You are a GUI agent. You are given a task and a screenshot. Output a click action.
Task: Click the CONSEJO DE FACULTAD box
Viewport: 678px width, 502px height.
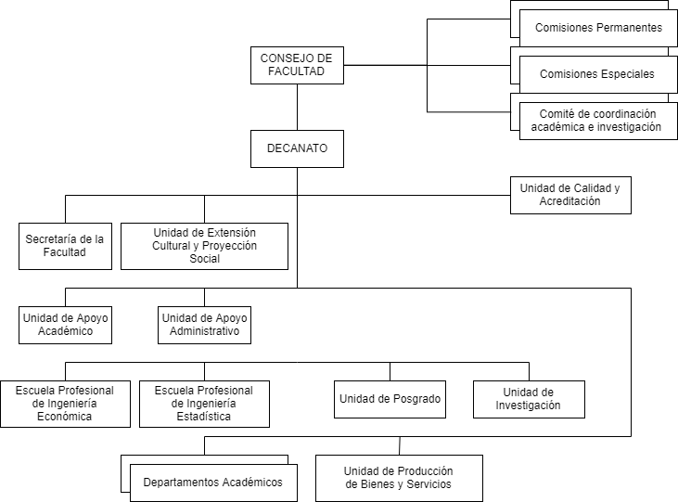[x=297, y=65]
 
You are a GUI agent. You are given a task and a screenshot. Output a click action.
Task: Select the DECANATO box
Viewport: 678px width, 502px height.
[x=297, y=148]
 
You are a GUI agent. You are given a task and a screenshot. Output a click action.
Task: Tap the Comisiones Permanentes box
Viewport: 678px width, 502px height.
[x=598, y=28]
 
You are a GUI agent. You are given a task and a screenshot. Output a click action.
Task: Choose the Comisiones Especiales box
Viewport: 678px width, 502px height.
[x=598, y=74]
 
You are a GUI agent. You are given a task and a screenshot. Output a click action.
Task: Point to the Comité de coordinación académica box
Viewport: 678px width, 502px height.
[x=598, y=121]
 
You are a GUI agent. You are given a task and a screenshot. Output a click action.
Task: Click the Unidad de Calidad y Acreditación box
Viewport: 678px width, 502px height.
[x=570, y=195]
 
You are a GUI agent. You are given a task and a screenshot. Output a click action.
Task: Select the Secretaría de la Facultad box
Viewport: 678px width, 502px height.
[x=65, y=246]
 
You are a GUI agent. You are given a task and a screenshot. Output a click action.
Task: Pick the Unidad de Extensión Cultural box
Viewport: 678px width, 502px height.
[x=205, y=246]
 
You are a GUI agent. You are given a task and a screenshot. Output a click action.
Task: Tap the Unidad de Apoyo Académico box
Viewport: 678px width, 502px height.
[x=65, y=325]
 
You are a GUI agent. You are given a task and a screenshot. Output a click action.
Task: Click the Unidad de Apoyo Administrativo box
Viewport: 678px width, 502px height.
[x=205, y=325]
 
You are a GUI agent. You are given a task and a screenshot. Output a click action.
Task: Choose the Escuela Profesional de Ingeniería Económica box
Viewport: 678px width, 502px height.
[x=65, y=404]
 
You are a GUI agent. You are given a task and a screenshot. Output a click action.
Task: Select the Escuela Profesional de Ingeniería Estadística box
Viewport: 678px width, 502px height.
[x=205, y=404]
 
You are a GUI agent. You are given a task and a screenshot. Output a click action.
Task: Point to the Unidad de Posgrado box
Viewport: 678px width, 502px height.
[x=390, y=399]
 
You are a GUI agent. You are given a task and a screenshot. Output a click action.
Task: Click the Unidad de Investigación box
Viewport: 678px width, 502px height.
[x=529, y=399]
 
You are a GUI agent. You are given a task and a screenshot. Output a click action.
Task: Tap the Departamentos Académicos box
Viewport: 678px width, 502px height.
[x=213, y=483]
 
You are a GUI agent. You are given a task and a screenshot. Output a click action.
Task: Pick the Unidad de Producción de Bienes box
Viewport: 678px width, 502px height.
[x=399, y=478]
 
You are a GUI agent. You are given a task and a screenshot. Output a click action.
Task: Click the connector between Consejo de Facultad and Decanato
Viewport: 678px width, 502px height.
[x=297, y=108]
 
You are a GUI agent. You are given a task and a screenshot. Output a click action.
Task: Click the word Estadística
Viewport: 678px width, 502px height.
[x=204, y=417]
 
